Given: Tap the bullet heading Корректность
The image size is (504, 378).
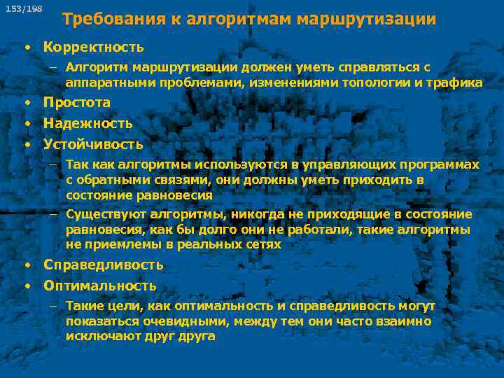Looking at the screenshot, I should [x=93, y=48].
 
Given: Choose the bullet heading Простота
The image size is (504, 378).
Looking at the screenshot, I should [x=77, y=102].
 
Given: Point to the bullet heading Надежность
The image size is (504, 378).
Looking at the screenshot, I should [x=87, y=123].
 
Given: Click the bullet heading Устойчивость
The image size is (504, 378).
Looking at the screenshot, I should [x=93, y=145].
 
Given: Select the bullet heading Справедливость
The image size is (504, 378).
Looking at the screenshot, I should [x=103, y=265].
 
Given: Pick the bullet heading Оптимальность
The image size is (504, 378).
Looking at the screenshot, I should [x=99, y=286].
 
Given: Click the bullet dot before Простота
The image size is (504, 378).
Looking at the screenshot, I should [x=26, y=103].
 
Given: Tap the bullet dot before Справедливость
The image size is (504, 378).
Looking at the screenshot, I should [x=26, y=265].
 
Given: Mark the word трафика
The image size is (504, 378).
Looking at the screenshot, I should [x=458, y=83].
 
